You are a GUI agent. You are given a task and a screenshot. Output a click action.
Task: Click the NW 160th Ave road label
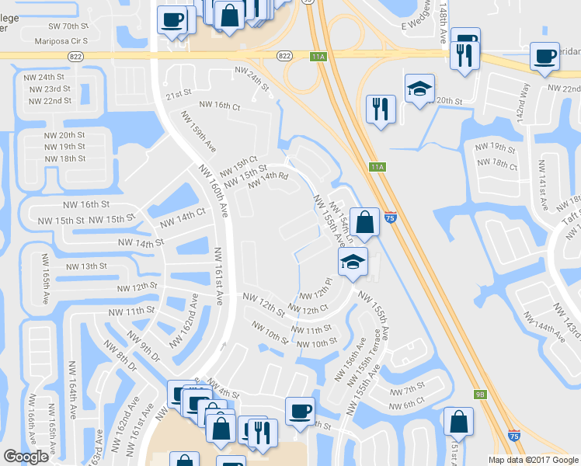point(212,191)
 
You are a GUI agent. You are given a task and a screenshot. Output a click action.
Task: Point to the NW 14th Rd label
point(269,180)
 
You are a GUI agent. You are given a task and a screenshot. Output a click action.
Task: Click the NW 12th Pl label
point(315,294)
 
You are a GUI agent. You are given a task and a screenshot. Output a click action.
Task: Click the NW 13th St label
point(87,266)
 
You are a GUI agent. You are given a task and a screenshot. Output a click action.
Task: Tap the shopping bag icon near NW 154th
point(364,222)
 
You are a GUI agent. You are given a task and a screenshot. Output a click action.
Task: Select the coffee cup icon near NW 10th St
point(300,411)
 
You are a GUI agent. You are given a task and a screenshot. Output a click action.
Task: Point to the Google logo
point(26,457)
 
